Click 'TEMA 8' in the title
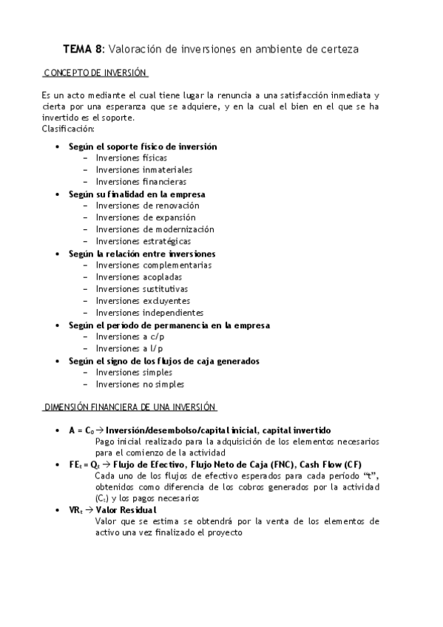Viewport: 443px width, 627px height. click(84, 50)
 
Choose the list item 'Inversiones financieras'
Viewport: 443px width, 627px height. click(141, 182)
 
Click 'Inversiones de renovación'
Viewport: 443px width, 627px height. click(147, 206)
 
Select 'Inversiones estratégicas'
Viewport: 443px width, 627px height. click(143, 241)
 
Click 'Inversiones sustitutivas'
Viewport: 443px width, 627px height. click(142, 289)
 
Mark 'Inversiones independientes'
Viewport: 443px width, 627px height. click(149, 313)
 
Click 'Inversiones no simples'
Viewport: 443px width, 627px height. click(140, 384)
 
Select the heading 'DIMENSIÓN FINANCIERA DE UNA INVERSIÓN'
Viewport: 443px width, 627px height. click(129, 407)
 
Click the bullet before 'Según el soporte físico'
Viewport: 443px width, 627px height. click(58, 147)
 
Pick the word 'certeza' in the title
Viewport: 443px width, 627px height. click(340, 50)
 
